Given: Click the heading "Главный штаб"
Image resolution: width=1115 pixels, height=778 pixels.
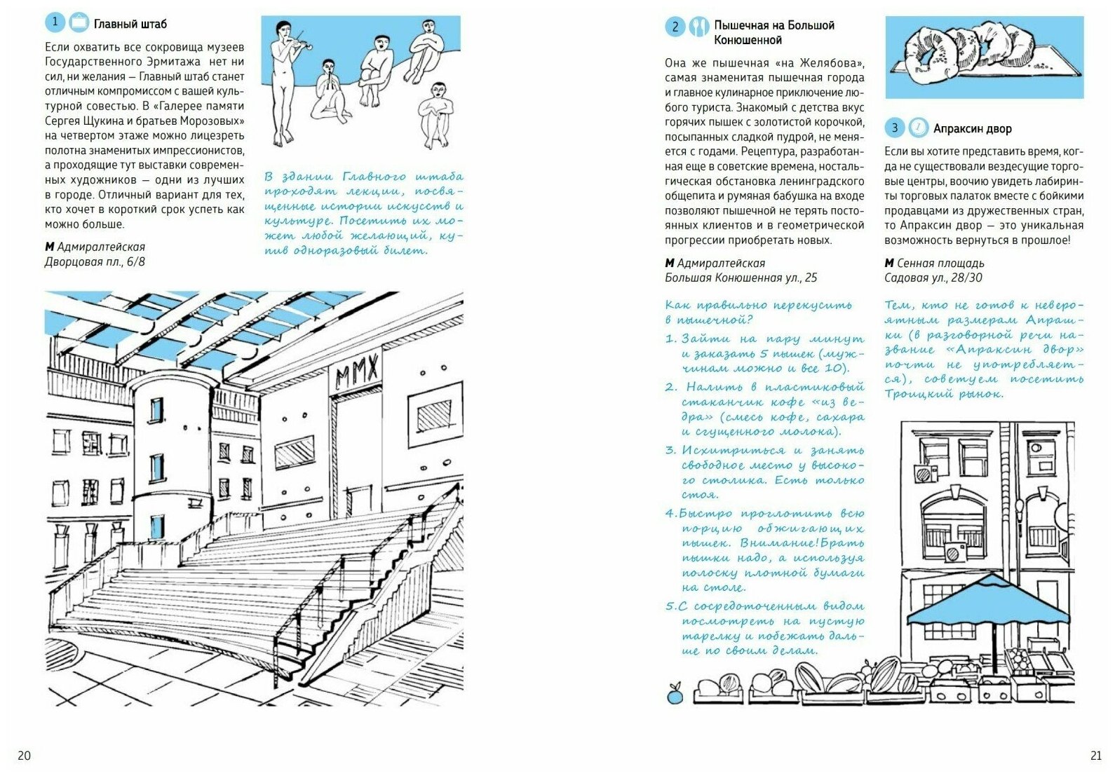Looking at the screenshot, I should (130, 24).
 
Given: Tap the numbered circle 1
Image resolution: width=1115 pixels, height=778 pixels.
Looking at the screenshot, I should (55, 22).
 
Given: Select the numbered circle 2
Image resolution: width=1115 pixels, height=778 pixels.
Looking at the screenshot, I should (674, 27).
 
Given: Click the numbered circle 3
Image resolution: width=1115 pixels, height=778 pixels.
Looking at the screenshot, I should (894, 128).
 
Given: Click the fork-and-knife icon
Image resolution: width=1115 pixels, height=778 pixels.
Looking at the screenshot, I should (698, 27).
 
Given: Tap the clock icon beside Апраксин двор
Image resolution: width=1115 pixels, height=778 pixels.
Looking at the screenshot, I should (917, 128).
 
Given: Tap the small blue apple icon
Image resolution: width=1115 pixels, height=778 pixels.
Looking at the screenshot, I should (675, 694).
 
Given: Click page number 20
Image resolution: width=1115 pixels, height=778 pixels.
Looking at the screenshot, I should (24, 756).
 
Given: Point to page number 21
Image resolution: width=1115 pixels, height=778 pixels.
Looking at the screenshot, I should (1095, 756).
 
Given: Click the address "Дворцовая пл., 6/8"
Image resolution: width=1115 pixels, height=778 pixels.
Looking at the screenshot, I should (95, 262).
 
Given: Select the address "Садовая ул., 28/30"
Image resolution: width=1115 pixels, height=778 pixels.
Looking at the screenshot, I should (933, 278).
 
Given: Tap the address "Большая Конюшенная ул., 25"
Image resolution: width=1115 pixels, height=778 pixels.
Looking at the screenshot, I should (741, 278).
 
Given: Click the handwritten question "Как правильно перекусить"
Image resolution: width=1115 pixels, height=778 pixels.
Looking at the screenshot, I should (758, 306).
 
